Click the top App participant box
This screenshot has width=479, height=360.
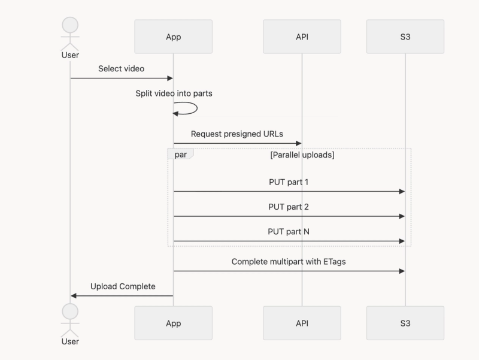tap(173, 37)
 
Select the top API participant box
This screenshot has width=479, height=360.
tap(302, 37)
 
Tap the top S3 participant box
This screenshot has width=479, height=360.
tap(405, 37)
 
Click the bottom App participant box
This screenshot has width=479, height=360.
tap(173, 323)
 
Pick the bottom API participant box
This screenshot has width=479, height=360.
tap(302, 323)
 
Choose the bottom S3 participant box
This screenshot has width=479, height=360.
tap(405, 323)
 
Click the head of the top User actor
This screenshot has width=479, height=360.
tap(70, 25)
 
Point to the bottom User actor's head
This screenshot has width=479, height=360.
tap(70, 311)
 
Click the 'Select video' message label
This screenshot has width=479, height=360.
tap(121, 68)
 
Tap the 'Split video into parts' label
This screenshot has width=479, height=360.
tap(174, 93)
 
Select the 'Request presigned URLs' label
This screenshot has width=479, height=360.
tap(237, 134)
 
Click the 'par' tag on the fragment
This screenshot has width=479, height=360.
tap(180, 155)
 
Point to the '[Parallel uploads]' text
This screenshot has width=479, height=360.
tap(302, 155)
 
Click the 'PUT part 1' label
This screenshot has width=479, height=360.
tap(289, 181)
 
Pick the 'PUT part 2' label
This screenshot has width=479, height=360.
tap(289, 207)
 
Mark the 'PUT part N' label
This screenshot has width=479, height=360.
tap(289, 231)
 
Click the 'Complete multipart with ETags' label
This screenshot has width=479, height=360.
tap(289, 262)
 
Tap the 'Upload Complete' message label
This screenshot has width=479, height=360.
tap(123, 286)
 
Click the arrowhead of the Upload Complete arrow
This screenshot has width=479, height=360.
tap(74, 295)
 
